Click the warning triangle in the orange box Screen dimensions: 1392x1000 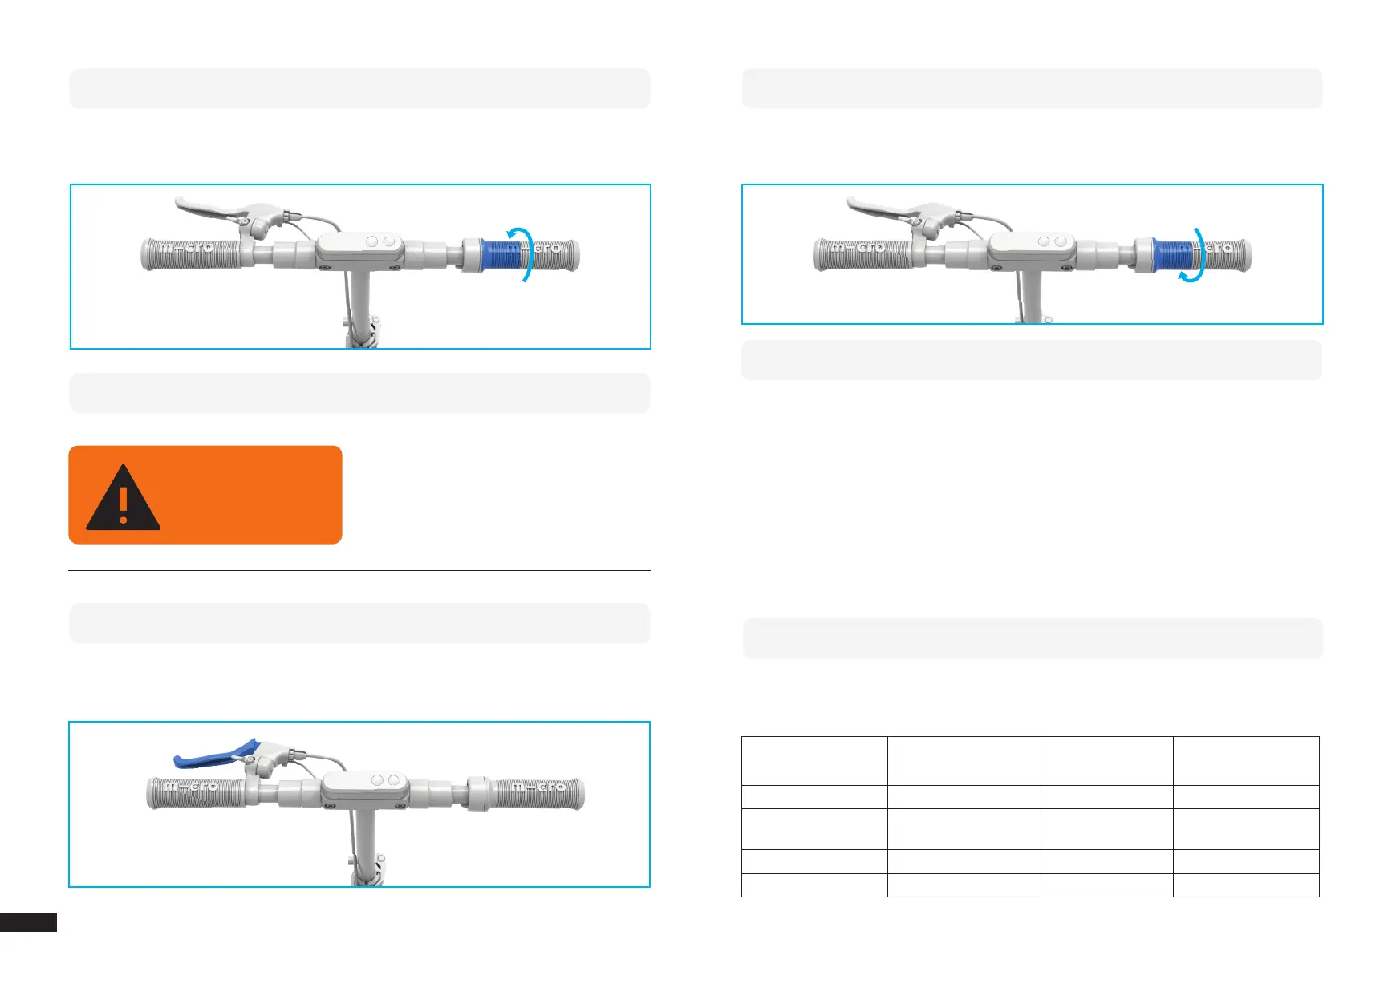pyautogui.click(x=123, y=499)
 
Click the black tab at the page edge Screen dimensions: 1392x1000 pyautogui.click(x=28, y=922)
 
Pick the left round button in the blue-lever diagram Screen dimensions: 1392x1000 pyautogui.click(x=377, y=780)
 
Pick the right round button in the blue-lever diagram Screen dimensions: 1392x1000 pyautogui.click(x=393, y=780)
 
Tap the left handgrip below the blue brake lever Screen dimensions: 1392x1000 pyautogui.click(x=193, y=792)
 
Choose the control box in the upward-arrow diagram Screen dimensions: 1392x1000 pyautogui.click(x=359, y=250)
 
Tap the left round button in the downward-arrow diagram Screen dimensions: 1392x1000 pyautogui.click(x=1044, y=241)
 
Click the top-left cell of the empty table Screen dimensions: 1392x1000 pyautogui.click(x=814, y=760)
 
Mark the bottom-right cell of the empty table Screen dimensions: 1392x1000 pyautogui.click(x=1245, y=885)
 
